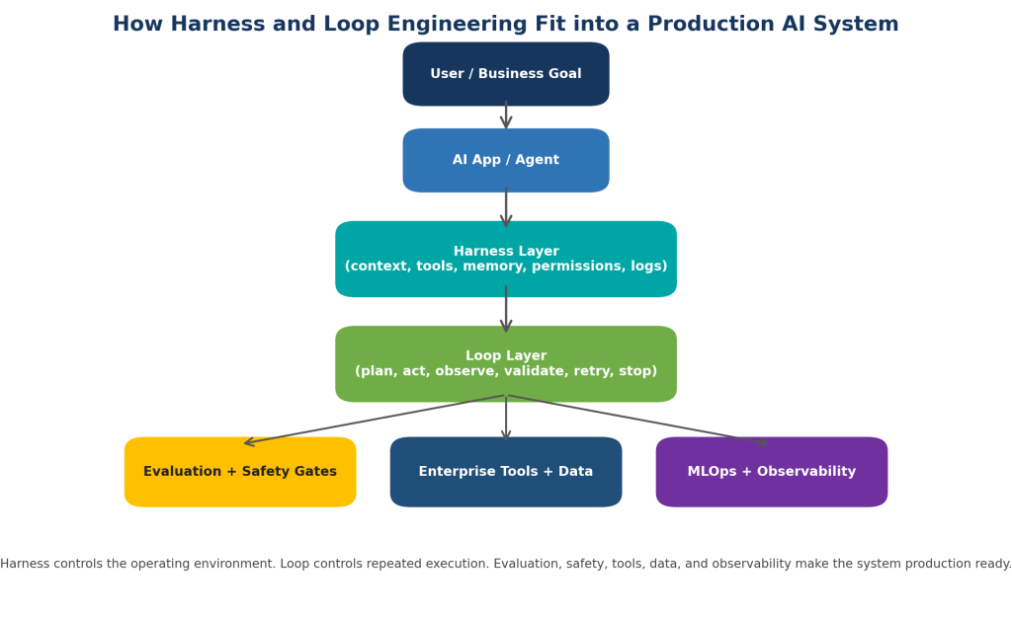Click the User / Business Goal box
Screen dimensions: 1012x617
coord(506,74)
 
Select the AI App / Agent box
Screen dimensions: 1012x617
coord(506,160)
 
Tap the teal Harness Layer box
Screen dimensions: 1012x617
coord(506,260)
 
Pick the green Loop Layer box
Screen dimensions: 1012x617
coord(506,363)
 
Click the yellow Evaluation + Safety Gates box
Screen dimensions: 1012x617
coord(240,472)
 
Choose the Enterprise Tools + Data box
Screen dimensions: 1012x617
coord(506,472)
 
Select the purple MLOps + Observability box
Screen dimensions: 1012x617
coord(772,472)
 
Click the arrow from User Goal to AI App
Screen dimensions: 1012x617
coord(506,115)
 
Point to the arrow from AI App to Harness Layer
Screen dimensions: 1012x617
coord(506,207)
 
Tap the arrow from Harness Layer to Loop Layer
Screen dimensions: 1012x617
coord(506,309)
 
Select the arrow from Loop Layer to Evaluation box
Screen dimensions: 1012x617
coord(375,420)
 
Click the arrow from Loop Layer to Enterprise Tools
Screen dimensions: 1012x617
coord(506,418)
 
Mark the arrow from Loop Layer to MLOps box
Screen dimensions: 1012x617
coord(637,420)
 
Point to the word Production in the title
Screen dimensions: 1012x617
coord(710,24)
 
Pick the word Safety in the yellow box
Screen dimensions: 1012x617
coord(263,471)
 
